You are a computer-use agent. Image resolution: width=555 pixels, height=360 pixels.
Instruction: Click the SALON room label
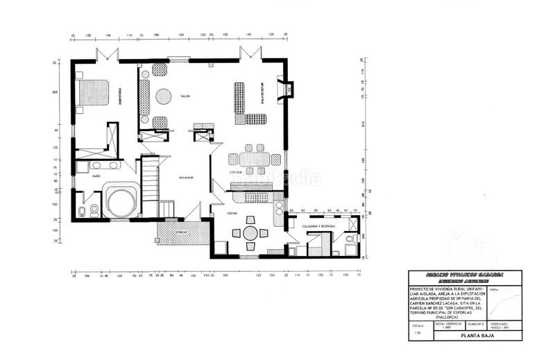click(x=185, y=96)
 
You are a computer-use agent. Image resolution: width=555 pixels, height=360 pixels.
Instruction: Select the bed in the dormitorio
click(x=93, y=92)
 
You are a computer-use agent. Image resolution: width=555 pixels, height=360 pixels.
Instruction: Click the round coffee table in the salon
click(x=163, y=96)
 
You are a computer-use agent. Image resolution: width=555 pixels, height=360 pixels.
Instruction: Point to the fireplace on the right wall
click(x=284, y=90)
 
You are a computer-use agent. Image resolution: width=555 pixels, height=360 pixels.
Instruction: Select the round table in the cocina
click(x=250, y=233)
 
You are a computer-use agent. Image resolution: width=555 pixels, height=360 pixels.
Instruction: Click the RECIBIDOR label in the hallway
click(x=186, y=178)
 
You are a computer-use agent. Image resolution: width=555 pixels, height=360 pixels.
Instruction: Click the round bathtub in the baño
click(x=121, y=202)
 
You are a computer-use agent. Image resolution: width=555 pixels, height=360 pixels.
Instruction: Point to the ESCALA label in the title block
click(x=418, y=324)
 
